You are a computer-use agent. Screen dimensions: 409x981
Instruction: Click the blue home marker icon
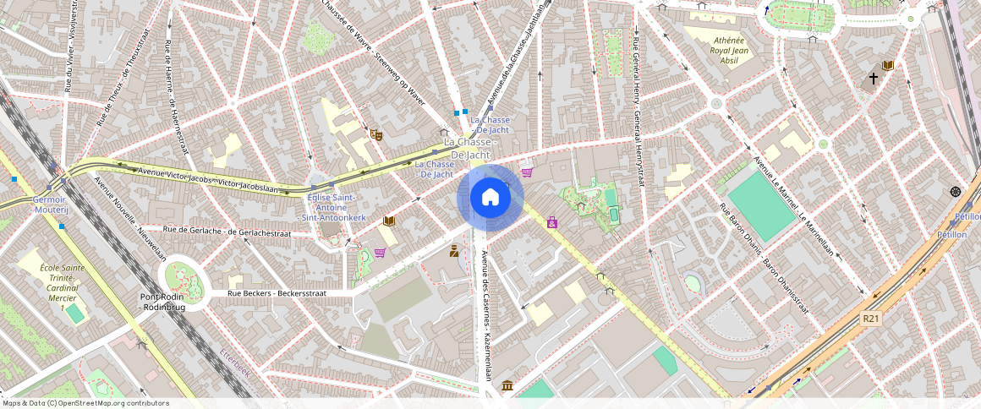[490, 198]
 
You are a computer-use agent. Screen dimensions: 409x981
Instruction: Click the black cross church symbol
[873, 79]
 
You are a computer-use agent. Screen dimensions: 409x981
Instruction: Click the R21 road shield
[870, 319]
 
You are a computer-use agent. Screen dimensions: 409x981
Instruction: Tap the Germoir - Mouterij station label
[49, 204]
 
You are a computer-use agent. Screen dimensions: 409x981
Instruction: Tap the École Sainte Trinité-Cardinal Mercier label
[59, 287]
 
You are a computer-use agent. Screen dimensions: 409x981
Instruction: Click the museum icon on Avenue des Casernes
[507, 386]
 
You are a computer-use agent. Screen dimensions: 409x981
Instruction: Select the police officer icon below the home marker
[454, 250]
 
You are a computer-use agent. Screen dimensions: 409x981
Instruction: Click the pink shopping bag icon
[552, 222]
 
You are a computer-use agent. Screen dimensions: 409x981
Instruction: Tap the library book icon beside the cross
[887, 65]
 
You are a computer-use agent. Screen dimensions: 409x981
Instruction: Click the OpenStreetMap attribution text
[85, 403]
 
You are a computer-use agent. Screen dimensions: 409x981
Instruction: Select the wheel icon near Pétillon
[955, 192]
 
